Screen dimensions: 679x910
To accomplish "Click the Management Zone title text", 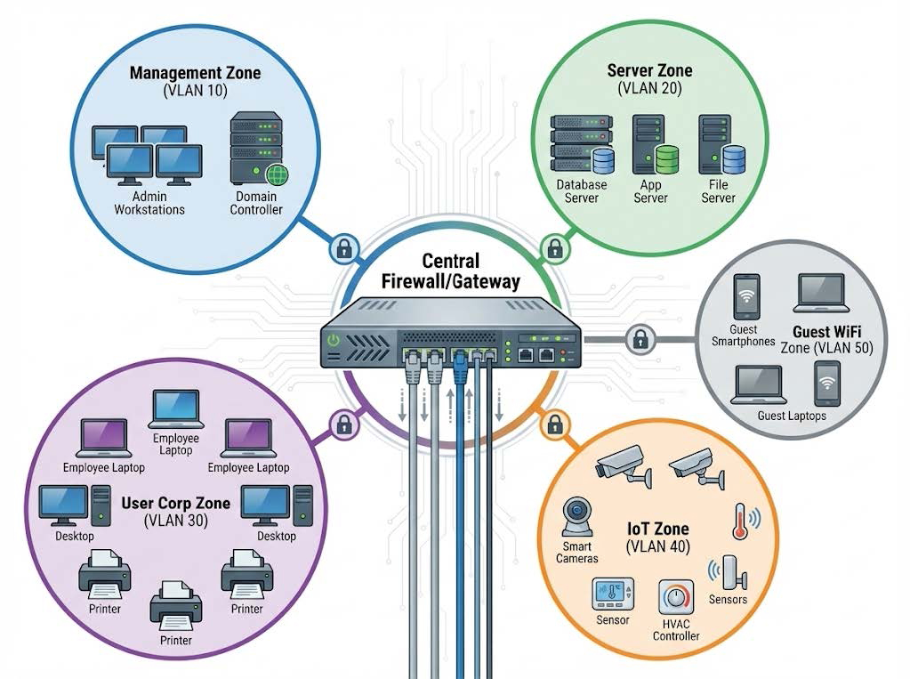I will tap(195, 73).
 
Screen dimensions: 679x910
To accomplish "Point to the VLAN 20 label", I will tap(649, 90).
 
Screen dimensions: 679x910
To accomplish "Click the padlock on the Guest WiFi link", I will tap(639, 338).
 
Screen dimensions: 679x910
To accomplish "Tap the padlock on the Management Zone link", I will tap(343, 247).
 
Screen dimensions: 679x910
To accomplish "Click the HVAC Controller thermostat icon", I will tap(678, 602).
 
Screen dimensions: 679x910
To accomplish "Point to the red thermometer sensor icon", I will tap(738, 521).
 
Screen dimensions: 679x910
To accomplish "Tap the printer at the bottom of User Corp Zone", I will tap(175, 607).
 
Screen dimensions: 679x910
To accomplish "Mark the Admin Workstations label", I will tap(149, 203).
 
